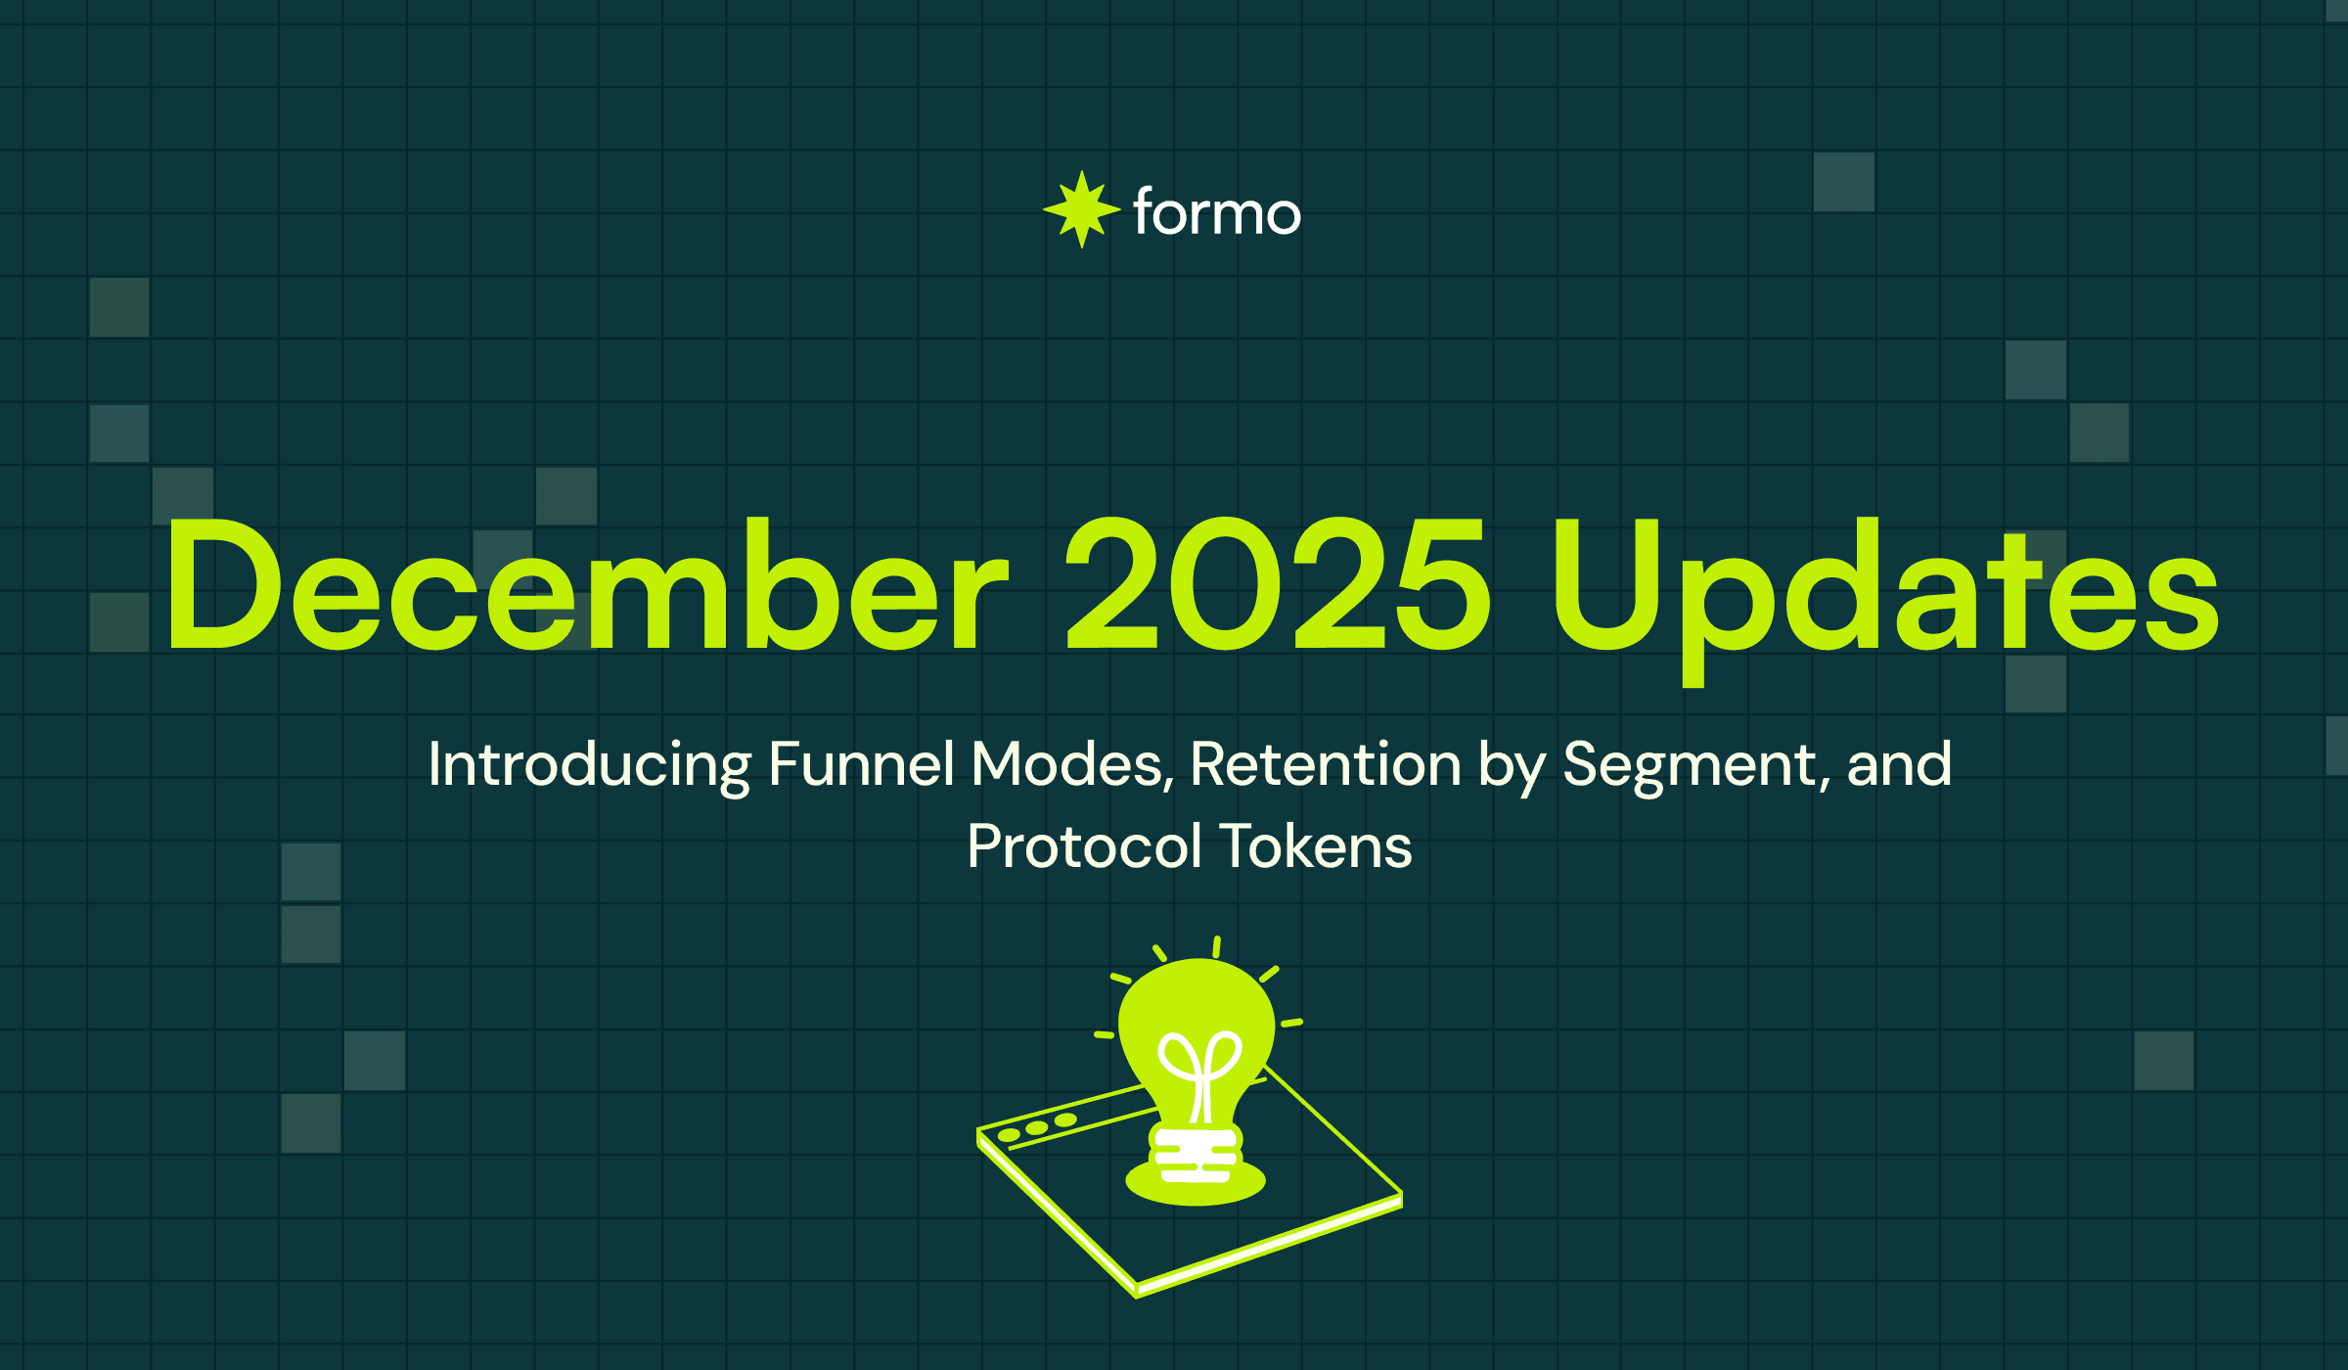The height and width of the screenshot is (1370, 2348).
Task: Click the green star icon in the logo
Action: pyautogui.click(x=1081, y=209)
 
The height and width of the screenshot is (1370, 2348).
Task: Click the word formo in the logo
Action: pyautogui.click(x=1216, y=212)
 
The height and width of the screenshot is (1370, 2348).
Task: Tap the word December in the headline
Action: pyautogui.click(x=585, y=585)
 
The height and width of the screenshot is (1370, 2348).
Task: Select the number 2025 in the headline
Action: pyautogui.click(x=1277, y=585)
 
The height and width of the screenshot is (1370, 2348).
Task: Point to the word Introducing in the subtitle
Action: pyautogui.click(x=589, y=764)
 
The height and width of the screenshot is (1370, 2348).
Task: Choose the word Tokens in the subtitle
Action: pyautogui.click(x=1316, y=846)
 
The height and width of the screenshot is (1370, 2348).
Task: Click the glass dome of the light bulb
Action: pyautogui.click(x=1196, y=1008)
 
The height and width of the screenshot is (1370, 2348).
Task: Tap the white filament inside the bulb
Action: pyautogui.click(x=1199, y=1072)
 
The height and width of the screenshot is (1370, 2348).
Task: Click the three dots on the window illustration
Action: pyautogui.click(x=1037, y=1128)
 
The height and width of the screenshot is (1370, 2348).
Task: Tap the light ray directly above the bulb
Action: pyautogui.click(x=1216, y=946)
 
